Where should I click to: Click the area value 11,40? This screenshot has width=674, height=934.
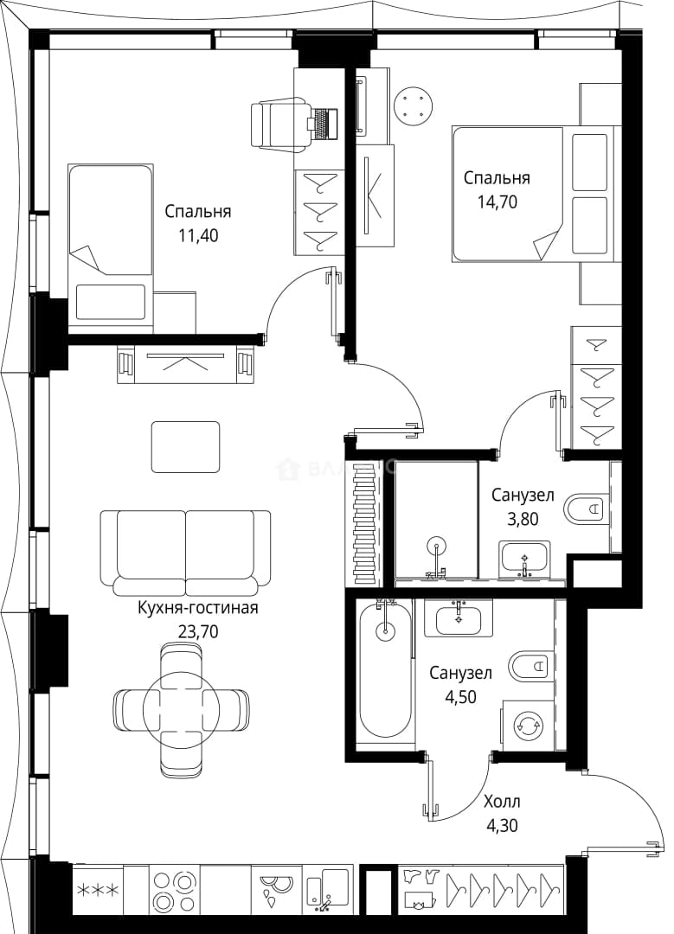[x=198, y=236]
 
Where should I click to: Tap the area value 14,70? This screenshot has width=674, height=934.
[x=497, y=202]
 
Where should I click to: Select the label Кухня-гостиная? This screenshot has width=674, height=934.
[x=198, y=608]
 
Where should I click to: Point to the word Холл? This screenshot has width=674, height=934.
[x=502, y=801]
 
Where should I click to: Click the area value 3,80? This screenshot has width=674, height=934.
[x=523, y=519]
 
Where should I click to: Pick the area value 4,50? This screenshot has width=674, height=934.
[x=460, y=696]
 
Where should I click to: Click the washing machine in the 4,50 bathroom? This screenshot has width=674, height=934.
[x=528, y=725]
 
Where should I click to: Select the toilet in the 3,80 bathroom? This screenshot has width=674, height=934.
[x=587, y=509]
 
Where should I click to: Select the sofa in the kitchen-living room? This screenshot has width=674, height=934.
[x=186, y=553]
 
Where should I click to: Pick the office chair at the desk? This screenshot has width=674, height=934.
[x=280, y=125]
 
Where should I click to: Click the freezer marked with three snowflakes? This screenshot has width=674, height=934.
[x=99, y=891]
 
